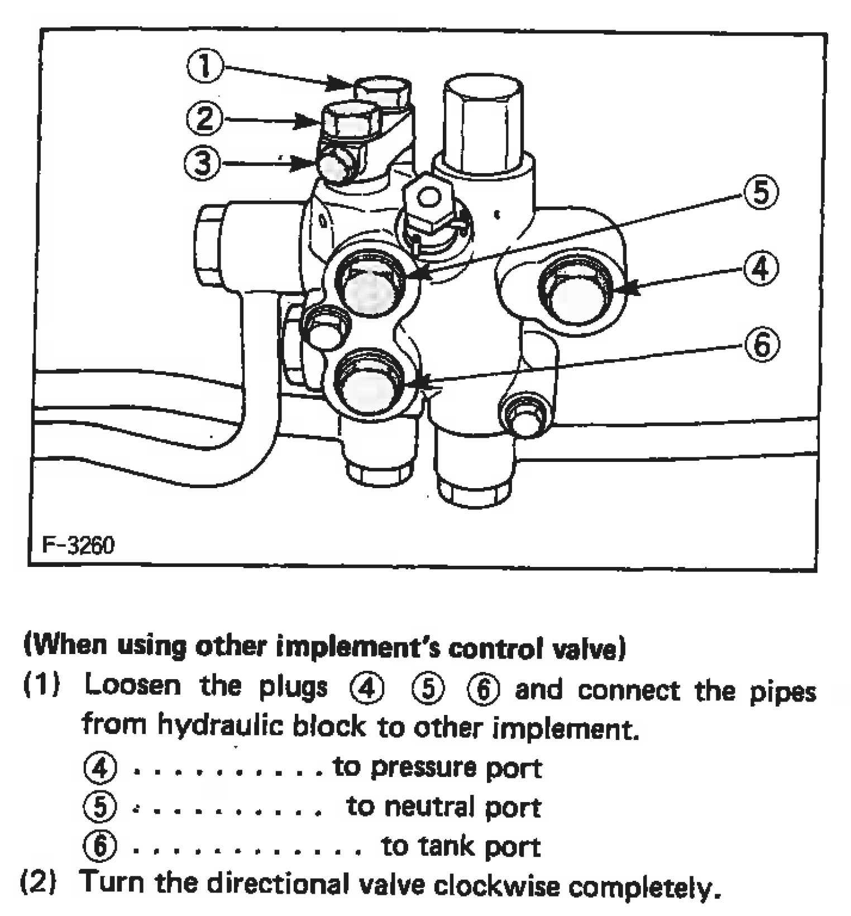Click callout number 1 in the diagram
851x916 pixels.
pos(205,66)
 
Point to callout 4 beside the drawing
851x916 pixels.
pos(761,269)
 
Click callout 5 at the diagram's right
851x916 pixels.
pos(761,192)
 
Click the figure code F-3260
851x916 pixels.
pos(78,545)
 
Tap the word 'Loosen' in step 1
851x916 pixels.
pos(133,686)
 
